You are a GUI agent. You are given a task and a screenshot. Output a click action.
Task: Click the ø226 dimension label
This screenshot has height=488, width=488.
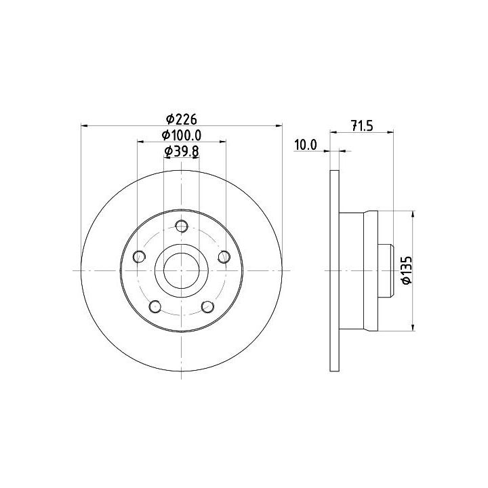182,119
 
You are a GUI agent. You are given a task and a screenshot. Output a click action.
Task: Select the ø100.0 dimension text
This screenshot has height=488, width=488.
182,135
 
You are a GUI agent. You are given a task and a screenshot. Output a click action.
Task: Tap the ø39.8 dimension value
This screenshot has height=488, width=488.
182,151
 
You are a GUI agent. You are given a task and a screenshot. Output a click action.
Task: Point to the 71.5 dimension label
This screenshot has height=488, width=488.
362,126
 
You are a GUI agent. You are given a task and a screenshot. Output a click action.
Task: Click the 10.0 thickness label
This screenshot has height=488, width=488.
306,145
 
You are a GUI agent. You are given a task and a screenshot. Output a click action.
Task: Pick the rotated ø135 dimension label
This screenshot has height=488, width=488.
407,270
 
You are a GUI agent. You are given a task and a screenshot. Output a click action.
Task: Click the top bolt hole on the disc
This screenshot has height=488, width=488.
182,226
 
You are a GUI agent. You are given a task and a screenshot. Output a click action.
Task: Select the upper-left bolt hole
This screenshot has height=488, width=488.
139,256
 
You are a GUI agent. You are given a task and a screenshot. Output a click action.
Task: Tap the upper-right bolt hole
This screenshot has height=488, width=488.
224,257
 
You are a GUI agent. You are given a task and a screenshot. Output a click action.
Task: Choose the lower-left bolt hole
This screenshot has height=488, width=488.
155,306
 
